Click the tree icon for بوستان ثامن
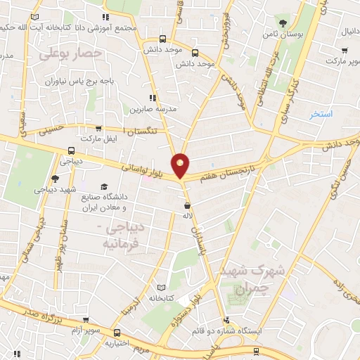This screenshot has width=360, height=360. (283, 22)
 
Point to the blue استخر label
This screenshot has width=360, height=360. (321, 113)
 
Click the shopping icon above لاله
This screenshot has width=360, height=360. (187, 206)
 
